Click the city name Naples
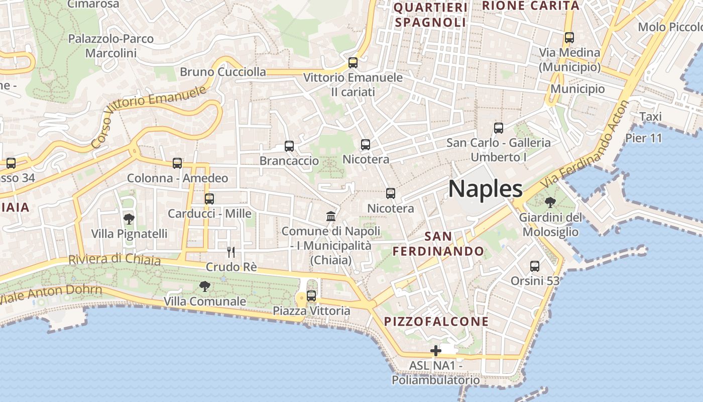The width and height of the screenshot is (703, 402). coord(485,189)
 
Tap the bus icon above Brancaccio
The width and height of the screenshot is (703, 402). coord(289,146)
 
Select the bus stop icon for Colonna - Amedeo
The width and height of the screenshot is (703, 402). coord(177,163)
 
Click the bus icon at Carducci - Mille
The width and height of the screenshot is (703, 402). coord(209,198)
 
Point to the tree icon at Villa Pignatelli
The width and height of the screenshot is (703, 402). coord(129,219)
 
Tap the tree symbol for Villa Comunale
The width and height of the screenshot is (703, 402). coord(204,286)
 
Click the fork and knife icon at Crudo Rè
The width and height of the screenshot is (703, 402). coord(231,252)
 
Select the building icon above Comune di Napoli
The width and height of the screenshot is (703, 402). coord(331,217)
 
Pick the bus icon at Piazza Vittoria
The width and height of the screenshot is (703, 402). coord(311,296)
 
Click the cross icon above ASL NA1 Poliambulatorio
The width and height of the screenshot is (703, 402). coord(436,350)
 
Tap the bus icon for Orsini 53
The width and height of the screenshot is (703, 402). coord(535,266)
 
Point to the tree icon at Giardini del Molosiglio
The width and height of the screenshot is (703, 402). coord(550,203)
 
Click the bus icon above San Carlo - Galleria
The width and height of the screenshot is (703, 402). coord(499,128)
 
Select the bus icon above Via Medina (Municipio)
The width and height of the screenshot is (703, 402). coord(569,38)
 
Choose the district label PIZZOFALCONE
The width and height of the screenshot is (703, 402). coord(436,322)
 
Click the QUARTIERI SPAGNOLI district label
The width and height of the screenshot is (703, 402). coord(431,15)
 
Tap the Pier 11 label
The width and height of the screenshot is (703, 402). coord(644,138)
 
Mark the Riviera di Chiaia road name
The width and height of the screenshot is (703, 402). coord(114,260)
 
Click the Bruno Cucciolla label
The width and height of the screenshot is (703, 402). coord(223,72)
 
